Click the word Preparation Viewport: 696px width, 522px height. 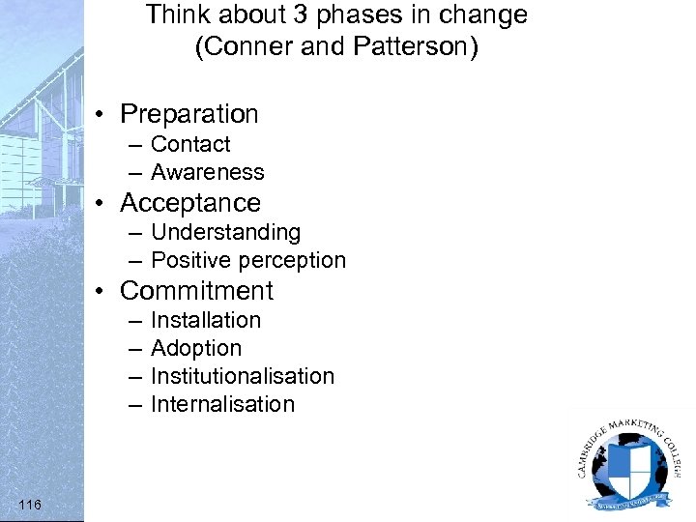coord(188,114)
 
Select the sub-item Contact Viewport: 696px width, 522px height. coord(190,144)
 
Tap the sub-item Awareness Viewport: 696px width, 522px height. coord(207,172)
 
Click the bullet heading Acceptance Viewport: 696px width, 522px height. coord(189,203)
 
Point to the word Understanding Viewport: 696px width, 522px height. coord(225,232)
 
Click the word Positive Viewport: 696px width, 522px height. coord(190,260)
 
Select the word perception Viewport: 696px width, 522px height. coord(291,260)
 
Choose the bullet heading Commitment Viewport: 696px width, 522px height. coord(196,291)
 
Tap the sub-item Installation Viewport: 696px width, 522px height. coord(205,320)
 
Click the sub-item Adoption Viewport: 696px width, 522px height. coord(195,348)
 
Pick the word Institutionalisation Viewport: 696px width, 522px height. coord(242,376)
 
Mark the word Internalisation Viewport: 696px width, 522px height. coord(222,404)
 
